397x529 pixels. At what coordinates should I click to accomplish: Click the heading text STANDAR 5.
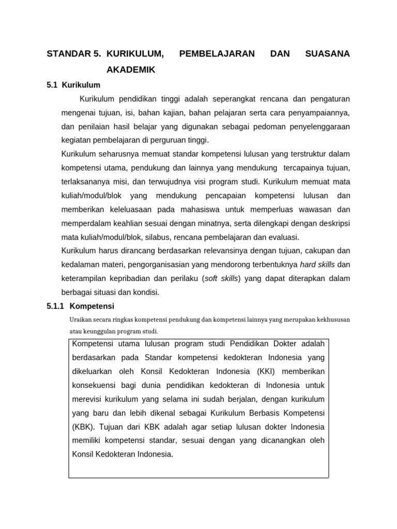pyautogui.click(x=73, y=54)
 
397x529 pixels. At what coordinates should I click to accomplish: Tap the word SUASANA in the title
pyautogui.click(x=328, y=54)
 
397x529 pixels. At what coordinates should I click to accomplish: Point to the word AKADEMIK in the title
pyautogui.click(x=131, y=70)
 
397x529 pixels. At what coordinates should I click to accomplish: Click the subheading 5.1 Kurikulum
pyautogui.click(x=73, y=85)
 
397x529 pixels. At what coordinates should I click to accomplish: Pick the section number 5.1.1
pyautogui.click(x=55, y=306)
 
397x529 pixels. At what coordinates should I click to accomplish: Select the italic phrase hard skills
pyautogui.click(x=318, y=264)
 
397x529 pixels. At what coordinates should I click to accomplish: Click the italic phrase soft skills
pyautogui.click(x=221, y=278)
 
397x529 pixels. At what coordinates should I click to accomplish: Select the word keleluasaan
pyautogui.click(x=132, y=209)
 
